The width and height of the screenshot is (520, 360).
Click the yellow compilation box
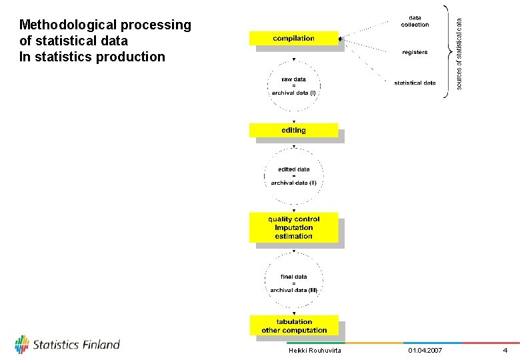click(293, 38)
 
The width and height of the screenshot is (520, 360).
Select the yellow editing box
click(293, 130)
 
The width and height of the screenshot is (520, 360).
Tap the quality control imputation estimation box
click(293, 227)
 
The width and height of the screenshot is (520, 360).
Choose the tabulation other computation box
click(293, 326)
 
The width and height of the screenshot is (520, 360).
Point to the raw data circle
click(293, 86)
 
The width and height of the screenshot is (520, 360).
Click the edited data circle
click(293, 175)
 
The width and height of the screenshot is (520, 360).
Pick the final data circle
click(293, 283)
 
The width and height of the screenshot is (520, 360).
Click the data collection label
click(415, 21)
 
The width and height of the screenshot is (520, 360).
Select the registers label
click(415, 52)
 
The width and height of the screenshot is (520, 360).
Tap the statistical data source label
click(415, 83)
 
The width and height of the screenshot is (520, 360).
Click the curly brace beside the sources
click(446, 52)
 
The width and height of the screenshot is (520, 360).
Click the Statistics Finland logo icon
click(22, 344)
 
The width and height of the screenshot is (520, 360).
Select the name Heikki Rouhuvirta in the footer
click(315, 351)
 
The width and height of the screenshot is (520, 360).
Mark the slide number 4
click(505, 351)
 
